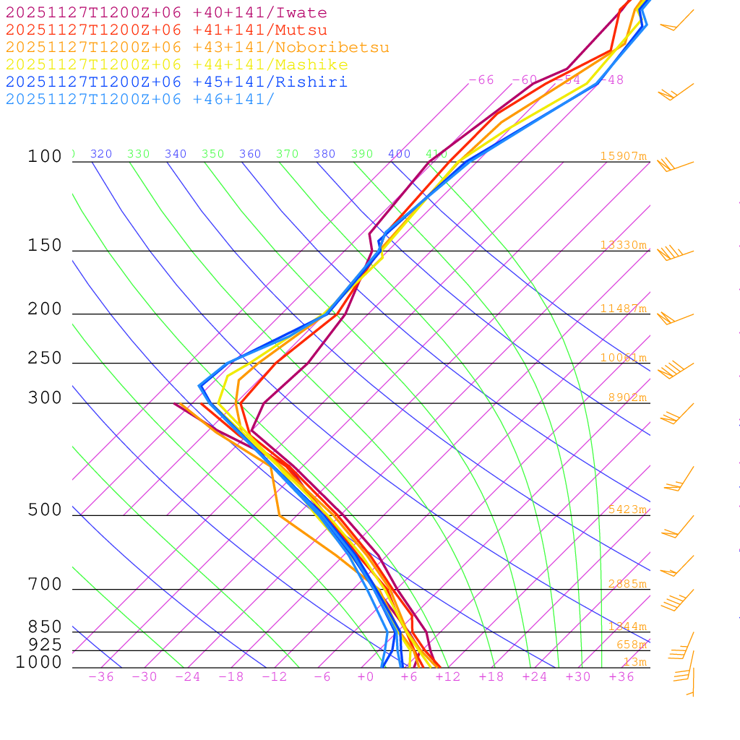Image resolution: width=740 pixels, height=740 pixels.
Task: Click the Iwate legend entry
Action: click(x=166, y=13)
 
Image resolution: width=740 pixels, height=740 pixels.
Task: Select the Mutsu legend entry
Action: click(x=166, y=30)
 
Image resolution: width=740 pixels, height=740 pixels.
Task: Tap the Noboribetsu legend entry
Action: click(x=197, y=48)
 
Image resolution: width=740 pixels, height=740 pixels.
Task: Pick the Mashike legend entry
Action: click(x=176, y=65)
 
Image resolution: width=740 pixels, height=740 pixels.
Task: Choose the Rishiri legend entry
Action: click(x=176, y=82)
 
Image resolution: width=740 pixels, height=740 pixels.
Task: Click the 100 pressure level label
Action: click(x=45, y=156)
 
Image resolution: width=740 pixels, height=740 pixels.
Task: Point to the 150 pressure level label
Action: click(x=45, y=246)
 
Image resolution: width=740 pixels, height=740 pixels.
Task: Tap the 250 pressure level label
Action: click(x=45, y=358)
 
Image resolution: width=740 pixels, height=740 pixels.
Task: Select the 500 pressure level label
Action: click(x=45, y=510)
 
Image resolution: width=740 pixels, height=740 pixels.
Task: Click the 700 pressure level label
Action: click(x=45, y=585)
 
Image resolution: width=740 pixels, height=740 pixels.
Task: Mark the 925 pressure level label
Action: click(x=45, y=645)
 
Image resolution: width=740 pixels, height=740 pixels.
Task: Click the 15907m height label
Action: click(x=623, y=156)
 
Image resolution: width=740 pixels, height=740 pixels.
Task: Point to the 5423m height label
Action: click(x=627, y=509)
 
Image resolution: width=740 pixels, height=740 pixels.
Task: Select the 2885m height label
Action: click(x=627, y=584)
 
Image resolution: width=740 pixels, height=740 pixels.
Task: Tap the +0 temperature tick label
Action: click(x=366, y=677)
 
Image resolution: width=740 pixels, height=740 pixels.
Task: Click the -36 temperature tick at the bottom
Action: click(x=100, y=677)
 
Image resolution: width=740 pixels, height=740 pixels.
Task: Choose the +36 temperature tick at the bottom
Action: click(x=621, y=677)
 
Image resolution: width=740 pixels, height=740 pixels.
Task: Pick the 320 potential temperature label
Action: click(x=101, y=154)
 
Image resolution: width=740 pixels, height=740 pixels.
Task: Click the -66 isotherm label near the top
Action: click(x=481, y=80)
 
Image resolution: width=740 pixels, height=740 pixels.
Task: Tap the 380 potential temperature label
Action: click(x=324, y=154)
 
